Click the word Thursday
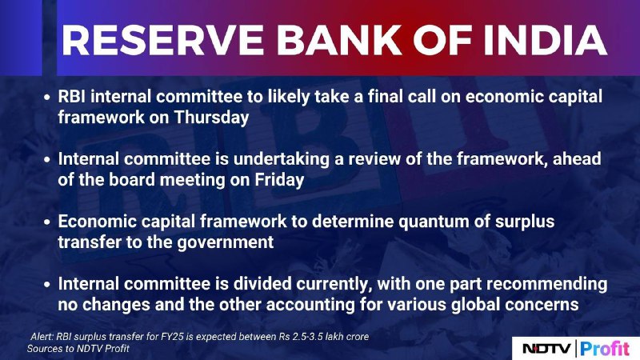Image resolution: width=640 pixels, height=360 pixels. coord(211,118)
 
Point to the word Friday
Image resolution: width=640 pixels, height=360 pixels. coord(279,180)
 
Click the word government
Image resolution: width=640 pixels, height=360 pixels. coord(226,243)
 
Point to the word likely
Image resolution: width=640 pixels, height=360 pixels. coord(289,97)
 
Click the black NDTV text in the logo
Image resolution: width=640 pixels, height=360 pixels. coord(547,349)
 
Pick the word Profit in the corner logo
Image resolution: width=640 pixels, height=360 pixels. coord(606,349)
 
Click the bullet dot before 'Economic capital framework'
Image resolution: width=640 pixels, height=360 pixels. coord(47,222)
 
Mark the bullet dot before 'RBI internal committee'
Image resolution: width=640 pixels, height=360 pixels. coord(47,98)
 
